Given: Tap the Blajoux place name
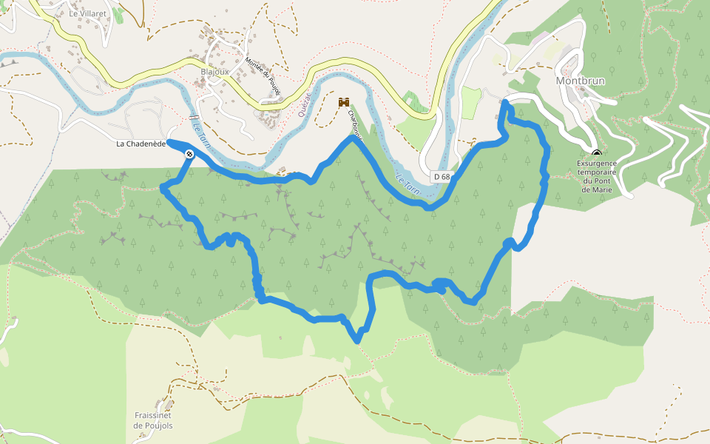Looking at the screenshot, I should tap(214, 72).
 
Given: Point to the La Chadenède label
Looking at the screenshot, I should tap(140, 144).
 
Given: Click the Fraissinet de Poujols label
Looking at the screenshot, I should tap(153, 420).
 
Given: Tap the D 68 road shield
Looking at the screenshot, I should tap(442, 177).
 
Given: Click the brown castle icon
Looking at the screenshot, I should tap(344, 102).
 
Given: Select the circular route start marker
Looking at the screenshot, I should tap(190, 154).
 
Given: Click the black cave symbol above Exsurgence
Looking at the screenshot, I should tap(597, 154).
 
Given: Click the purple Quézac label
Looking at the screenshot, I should tap(303, 104).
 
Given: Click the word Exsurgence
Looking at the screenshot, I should tap(598, 164).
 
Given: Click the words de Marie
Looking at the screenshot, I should tap(598, 189).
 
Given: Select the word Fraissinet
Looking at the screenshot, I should tap(153, 416).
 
